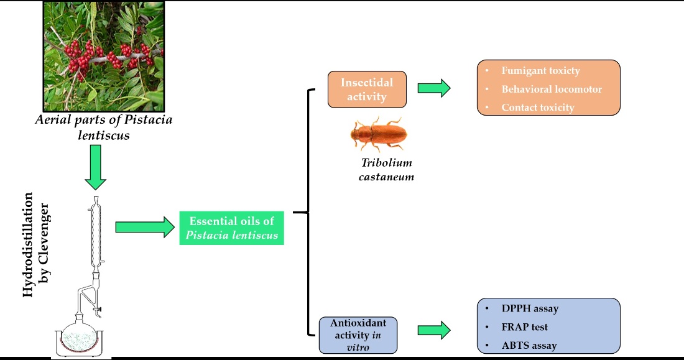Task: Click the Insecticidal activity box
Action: [367, 89]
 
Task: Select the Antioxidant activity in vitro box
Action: [358, 335]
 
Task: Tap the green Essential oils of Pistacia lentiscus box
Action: [232, 228]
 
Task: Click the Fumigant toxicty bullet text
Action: [540, 71]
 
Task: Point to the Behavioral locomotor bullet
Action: [552, 89]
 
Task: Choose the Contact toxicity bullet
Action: [538, 108]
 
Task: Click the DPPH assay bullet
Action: [530, 308]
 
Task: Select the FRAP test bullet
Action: [524, 326]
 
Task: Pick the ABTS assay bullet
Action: [529, 345]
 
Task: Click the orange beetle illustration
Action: [379, 134]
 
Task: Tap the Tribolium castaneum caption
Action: [387, 170]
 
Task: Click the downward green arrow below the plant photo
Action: [96, 167]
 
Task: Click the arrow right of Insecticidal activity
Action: [434, 88]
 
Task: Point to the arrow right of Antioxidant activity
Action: [434, 330]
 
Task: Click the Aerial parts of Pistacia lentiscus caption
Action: [103, 127]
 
